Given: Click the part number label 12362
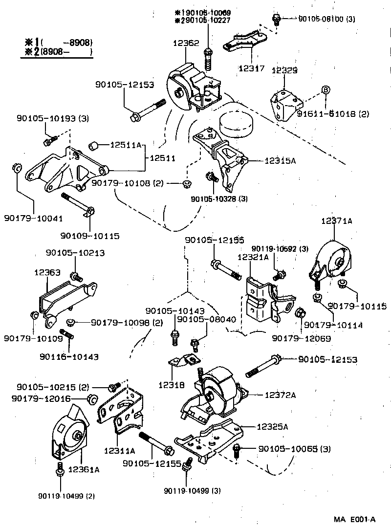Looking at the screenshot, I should pos(185,43).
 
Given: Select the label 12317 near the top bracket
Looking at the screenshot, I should pos(252,69).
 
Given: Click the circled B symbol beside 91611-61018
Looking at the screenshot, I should pos(326,89).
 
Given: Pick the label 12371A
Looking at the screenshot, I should pos(336,221).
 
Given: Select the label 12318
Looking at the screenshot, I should pos(171,385).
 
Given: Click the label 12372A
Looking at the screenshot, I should pos(280,395).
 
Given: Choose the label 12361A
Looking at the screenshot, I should pos(84,469).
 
